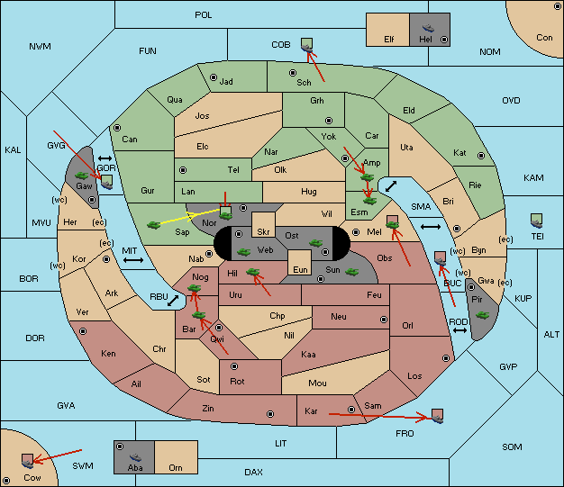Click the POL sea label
[204, 15]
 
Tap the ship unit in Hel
[428, 28]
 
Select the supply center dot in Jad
[214, 77]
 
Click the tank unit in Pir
[482, 315]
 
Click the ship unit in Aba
[135, 457]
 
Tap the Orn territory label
[176, 467]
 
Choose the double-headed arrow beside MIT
[133, 260]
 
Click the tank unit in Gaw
[81, 176]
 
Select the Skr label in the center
[263, 232]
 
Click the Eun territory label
[300, 269]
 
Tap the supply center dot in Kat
[481, 156]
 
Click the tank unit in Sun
[351, 272]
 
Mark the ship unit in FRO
[437, 419]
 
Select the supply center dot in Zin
[270, 414]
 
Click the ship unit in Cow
[27, 464]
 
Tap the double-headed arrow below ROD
[459, 330]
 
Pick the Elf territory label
[389, 40]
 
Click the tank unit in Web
[243, 251]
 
